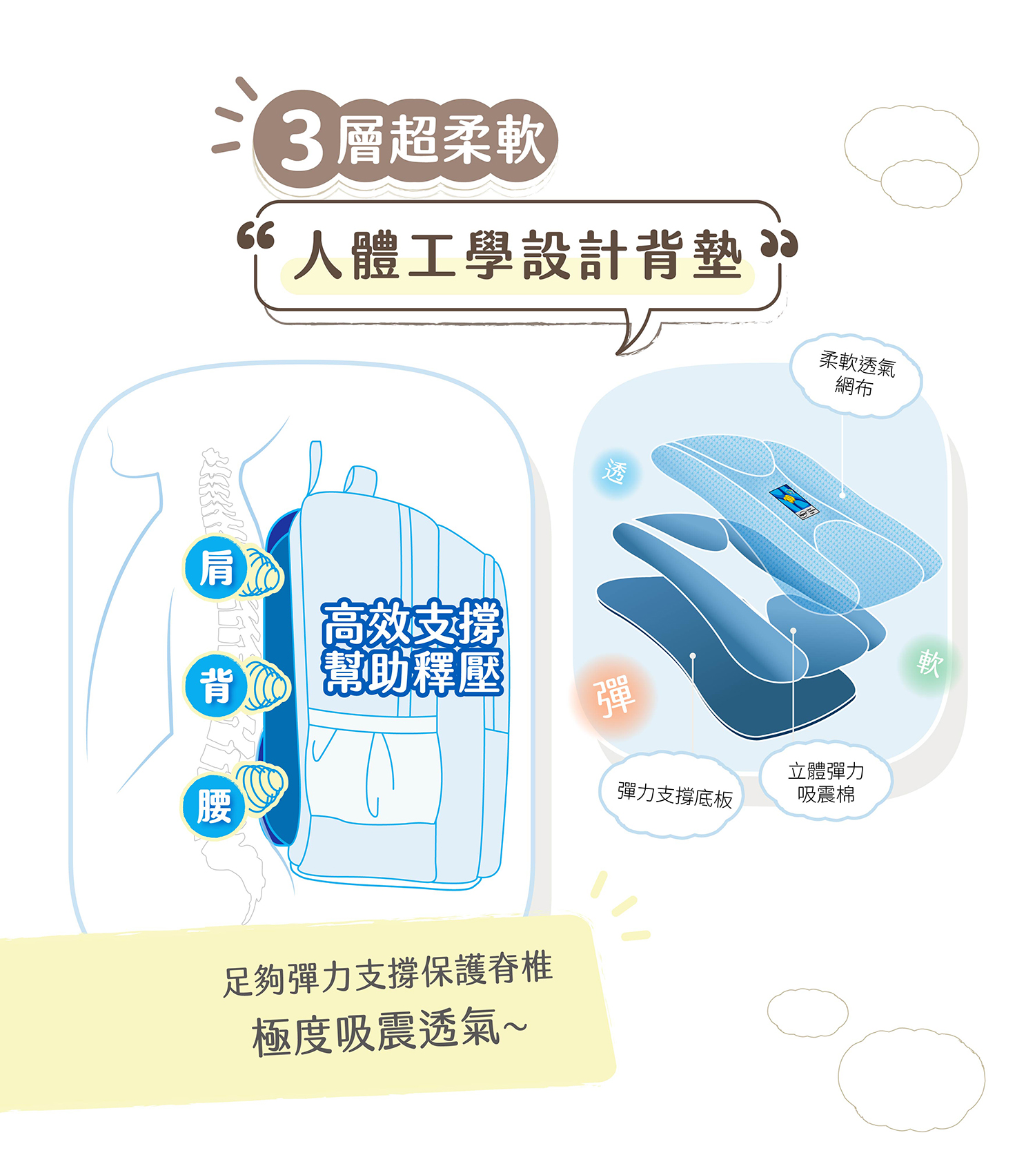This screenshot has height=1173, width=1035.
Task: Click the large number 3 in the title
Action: (x=302, y=142)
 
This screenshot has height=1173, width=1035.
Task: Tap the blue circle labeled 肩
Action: (x=216, y=569)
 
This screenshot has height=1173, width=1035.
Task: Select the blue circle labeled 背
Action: (x=216, y=686)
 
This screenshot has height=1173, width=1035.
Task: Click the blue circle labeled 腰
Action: (x=214, y=805)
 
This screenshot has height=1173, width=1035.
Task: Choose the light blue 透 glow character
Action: (x=615, y=472)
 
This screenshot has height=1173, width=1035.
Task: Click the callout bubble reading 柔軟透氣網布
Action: (x=856, y=375)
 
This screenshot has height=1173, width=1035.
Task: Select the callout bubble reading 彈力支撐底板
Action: (x=674, y=795)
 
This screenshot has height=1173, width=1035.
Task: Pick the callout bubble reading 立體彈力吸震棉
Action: (x=826, y=782)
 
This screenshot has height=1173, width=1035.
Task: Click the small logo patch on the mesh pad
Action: (x=793, y=500)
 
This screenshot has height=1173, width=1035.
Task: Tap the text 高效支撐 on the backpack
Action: (x=412, y=622)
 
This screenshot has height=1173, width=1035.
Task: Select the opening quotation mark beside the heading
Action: (x=255, y=236)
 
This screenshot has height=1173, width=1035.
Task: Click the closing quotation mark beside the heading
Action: (x=780, y=242)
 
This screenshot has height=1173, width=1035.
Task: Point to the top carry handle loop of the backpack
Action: (x=361, y=481)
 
